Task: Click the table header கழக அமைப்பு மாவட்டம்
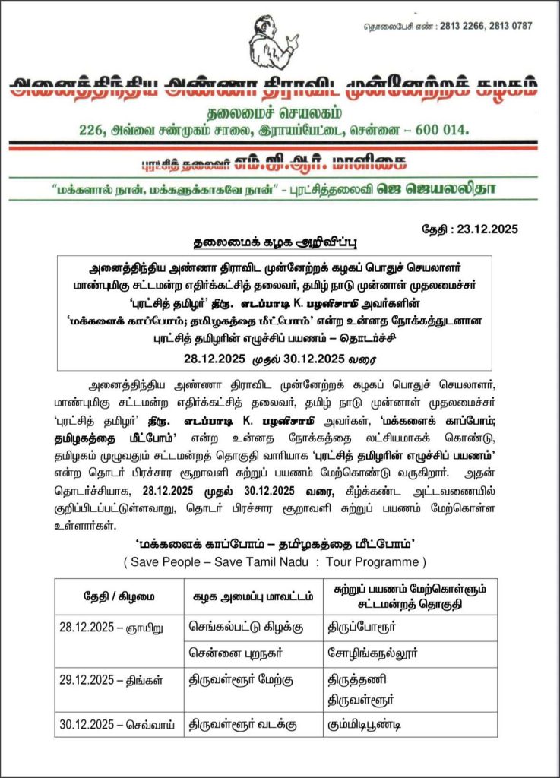pos(253,596)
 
